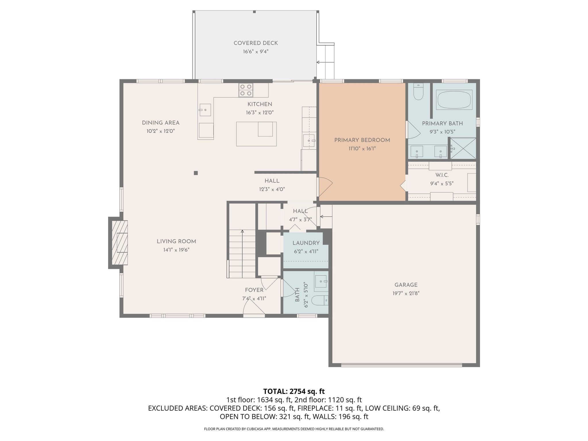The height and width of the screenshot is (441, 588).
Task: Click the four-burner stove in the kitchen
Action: [246, 90]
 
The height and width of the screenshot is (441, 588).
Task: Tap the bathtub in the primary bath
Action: [454, 100]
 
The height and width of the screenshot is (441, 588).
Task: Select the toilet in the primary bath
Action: [418, 92]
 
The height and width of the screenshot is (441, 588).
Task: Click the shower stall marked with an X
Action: [463, 148]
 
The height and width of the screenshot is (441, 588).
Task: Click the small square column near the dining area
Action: [196, 173]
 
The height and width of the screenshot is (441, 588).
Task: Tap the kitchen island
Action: [256, 134]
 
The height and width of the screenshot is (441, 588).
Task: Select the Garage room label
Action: [406, 285]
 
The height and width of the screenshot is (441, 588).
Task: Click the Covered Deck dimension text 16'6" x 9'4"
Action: [256, 52]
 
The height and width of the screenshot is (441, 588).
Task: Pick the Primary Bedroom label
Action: [362, 140]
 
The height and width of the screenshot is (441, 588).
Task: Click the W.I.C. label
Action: [442, 175]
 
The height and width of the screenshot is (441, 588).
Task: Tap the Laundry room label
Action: [306, 243]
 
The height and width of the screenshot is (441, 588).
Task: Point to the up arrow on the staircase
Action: [242, 231]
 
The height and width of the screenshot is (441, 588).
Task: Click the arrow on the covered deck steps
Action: [318, 62]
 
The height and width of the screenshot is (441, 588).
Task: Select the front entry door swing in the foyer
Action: [253, 307]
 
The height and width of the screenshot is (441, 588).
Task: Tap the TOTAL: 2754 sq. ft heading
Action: [294, 391]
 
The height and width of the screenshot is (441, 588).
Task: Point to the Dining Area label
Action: [160, 123]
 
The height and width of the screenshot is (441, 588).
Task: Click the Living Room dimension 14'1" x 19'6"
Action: [176, 250]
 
